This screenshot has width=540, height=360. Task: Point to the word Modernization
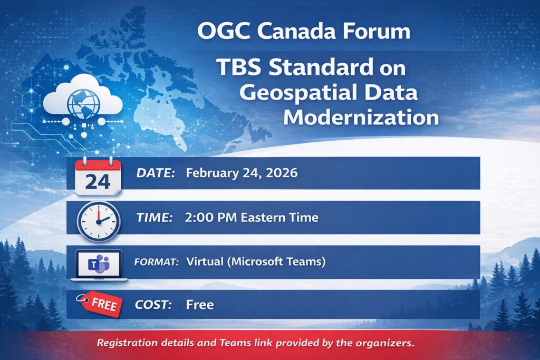click(361, 117)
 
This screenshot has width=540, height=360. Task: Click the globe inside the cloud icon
click(84, 104)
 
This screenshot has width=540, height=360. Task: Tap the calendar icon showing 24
click(98, 176)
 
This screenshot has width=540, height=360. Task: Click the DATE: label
click(156, 173)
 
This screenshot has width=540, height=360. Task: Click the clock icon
click(99, 221)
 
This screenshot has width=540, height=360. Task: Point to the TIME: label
click(155, 218)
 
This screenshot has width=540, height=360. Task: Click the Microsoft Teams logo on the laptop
click(99, 264)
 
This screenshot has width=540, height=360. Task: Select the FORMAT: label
click(156, 262)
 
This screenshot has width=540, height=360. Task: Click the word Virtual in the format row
click(205, 261)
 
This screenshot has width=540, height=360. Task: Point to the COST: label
click(153, 305)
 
